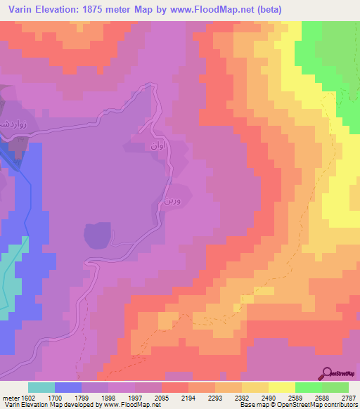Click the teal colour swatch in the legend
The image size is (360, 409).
point(41,387)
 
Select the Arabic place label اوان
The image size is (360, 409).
point(155,147)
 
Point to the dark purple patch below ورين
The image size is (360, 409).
point(98,234)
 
